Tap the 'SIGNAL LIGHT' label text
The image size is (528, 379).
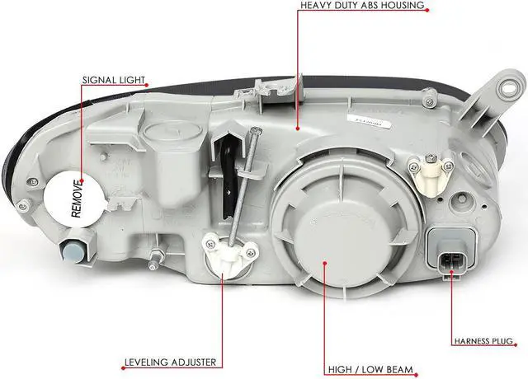114,81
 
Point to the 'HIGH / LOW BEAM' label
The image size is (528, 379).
369,370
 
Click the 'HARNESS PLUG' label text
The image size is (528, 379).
483,340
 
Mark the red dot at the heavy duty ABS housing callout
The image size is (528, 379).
298,128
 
